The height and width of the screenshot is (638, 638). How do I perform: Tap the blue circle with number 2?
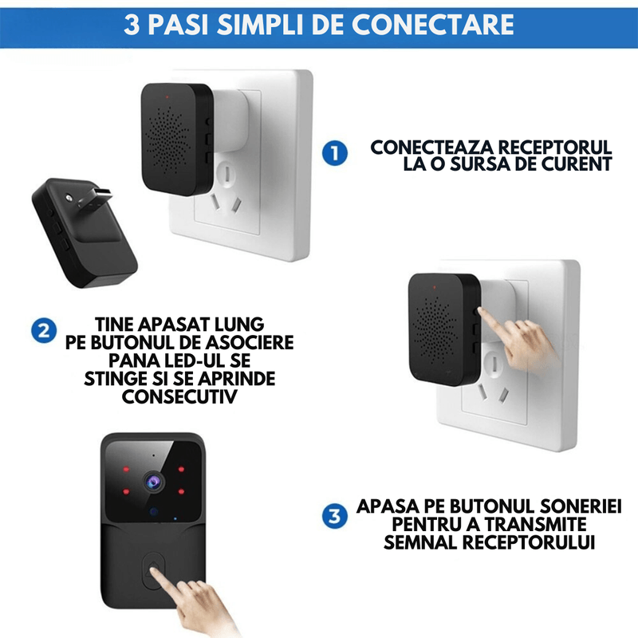[42, 330]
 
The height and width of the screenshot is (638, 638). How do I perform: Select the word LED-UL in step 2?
[193, 360]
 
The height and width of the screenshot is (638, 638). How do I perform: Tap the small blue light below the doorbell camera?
[152, 512]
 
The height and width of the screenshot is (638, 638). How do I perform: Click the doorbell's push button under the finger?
[151, 570]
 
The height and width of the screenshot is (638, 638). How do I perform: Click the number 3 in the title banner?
[133, 24]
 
